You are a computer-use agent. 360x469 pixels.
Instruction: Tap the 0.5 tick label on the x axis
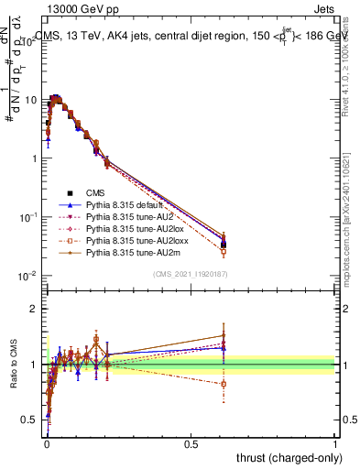[191, 444]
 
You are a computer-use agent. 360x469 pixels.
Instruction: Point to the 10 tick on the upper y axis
[29, 99]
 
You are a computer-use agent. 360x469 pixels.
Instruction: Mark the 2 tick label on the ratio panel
[34, 309]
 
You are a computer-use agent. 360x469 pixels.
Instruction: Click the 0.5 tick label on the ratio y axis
[30, 420]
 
